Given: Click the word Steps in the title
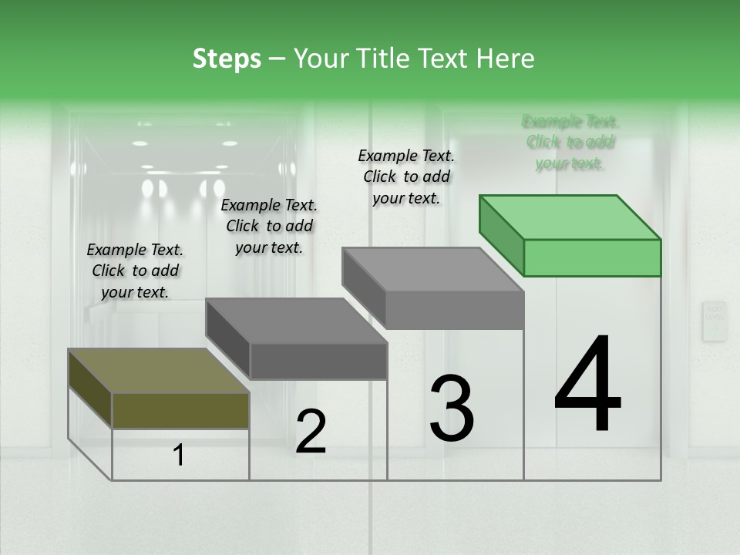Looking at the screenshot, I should click(227, 59).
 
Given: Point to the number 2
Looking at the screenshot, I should click(311, 432).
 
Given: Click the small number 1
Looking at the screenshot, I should click(179, 456).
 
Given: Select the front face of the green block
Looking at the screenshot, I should click(592, 257).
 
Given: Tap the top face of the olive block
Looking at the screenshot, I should click(158, 370).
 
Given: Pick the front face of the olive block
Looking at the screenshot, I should click(180, 410).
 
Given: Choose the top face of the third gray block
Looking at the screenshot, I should click(432, 269).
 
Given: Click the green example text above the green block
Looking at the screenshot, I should click(570, 142).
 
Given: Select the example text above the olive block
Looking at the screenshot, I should click(135, 271).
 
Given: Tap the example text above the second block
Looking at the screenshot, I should click(269, 226).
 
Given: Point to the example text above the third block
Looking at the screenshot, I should click(406, 177).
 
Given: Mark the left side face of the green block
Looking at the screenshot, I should click(501, 234).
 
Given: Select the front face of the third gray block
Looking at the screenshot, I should click(454, 310).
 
